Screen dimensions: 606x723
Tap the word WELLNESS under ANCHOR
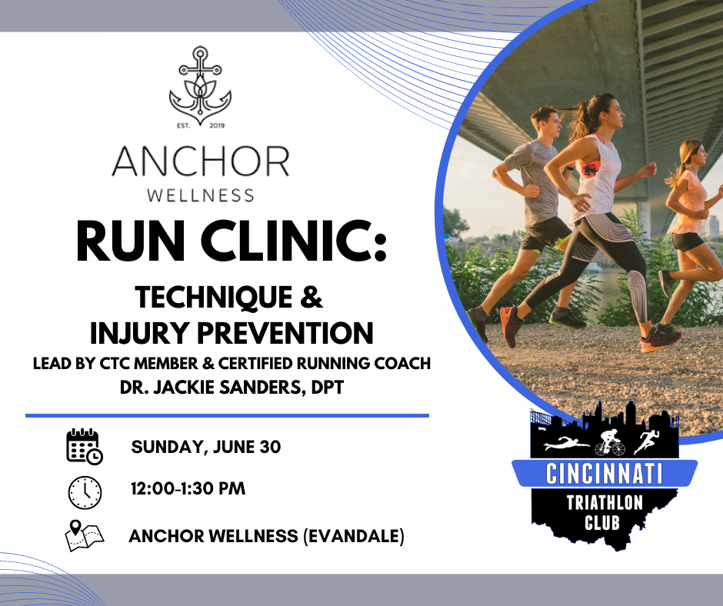200,195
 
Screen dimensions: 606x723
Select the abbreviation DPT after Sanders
324,386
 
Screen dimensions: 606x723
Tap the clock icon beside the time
85,492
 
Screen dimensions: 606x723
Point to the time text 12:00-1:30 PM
188,488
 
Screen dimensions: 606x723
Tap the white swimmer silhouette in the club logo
565,445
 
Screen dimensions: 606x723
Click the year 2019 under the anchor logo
217,126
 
